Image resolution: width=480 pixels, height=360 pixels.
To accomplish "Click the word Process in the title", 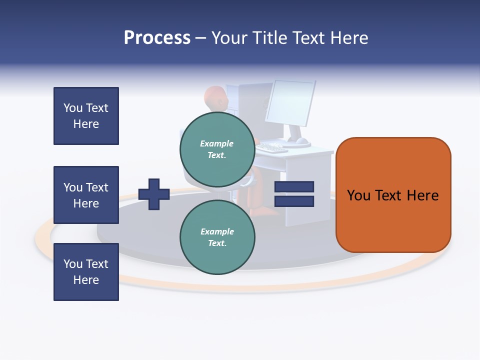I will click(157, 38).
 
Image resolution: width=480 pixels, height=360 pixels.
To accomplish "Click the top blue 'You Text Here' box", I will click(86, 116).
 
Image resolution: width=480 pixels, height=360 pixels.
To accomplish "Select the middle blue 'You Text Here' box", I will click(86, 195).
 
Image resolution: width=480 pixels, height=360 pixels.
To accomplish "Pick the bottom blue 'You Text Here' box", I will click(86, 272).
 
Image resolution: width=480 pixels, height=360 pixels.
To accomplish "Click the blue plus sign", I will click(154, 194).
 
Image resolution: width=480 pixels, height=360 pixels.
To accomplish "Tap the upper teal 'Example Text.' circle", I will click(217, 149).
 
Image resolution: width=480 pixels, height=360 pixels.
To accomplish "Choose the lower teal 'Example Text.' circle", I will click(217, 237).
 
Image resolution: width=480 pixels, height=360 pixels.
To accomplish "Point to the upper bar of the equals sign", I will click(294, 186).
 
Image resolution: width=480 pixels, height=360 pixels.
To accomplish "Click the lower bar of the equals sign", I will click(294, 201).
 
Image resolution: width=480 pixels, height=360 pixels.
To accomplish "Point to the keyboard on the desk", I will click(272, 147).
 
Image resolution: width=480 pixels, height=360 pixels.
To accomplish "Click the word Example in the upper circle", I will click(217, 143).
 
